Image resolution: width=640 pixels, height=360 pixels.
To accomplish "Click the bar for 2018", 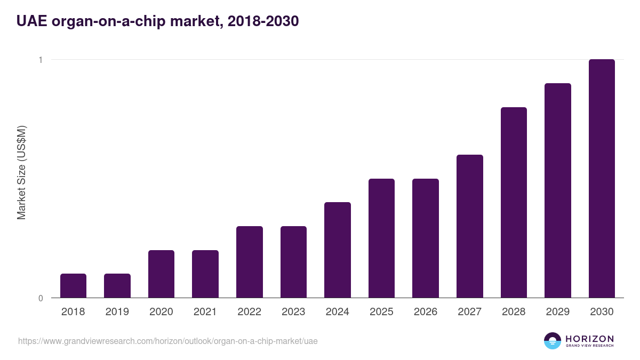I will (x=73, y=285).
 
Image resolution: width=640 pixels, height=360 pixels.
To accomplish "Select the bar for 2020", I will (x=161, y=274).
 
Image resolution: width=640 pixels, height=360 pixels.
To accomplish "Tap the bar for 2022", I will (x=250, y=262).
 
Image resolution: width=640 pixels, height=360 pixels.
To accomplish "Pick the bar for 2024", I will (x=338, y=250).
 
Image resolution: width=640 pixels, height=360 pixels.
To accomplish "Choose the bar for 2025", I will (x=381, y=238).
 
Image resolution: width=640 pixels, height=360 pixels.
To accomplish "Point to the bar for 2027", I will (x=470, y=226).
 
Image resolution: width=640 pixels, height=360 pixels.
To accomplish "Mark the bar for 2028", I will (x=514, y=202).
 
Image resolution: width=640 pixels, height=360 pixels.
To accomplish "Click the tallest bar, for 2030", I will (x=602, y=179).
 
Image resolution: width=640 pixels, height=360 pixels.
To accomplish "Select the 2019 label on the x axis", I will (x=117, y=312).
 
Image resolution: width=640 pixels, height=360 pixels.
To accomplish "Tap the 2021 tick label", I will (x=205, y=312).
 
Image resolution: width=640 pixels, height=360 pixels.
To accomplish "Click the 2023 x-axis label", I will (x=293, y=312).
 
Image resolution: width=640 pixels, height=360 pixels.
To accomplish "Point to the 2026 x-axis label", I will (x=426, y=312).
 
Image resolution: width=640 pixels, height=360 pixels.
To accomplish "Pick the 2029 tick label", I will (x=558, y=312).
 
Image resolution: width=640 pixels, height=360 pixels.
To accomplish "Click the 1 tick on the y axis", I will (x=41, y=60).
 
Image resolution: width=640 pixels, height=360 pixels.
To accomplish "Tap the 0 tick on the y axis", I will (x=41, y=298).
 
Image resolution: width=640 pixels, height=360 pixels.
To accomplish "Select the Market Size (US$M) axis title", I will (x=21, y=173).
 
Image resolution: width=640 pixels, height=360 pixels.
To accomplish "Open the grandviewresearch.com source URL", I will (x=168, y=341).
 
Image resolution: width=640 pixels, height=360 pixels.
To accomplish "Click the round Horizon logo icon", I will (x=553, y=341).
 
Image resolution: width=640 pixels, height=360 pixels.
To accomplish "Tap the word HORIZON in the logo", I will (x=590, y=339).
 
